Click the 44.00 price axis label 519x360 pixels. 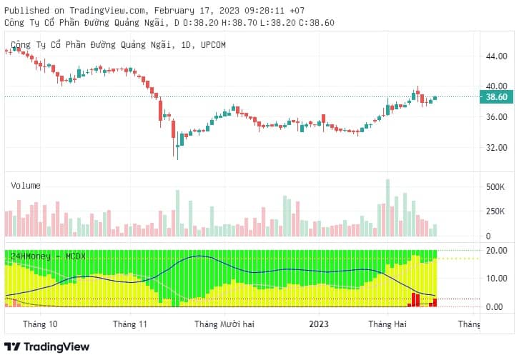pos(496,56)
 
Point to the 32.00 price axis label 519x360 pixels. pos(496,147)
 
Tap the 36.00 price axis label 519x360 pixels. pos(496,116)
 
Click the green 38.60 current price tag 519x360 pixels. pos(496,97)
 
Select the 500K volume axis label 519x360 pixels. pos(495,187)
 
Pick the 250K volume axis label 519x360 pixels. pos(495,211)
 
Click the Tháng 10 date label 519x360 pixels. pos(40,324)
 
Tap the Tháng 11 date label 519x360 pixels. pos(130,324)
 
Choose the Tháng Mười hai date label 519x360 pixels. pos(224,324)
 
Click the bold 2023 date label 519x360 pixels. pos(319,324)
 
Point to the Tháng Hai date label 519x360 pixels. pos(387,324)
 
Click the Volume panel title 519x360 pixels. pos(26,186)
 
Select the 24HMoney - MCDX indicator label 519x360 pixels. pos(49,256)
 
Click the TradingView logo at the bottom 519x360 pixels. pos(46,346)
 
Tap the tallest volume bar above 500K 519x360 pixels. pos(387,208)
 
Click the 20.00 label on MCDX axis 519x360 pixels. pos(496,251)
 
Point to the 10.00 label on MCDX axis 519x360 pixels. pos(496,279)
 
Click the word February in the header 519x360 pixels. pos(174,11)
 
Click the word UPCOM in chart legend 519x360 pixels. pos(213,45)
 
